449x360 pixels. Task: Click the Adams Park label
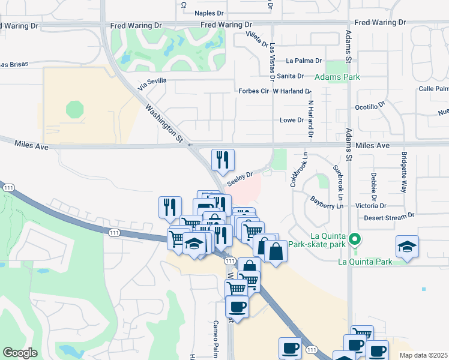click(x=337, y=77)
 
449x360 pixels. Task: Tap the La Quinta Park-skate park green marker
click(x=355, y=239)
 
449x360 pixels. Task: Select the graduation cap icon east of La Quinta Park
click(x=408, y=247)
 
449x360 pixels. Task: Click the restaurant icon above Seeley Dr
click(x=223, y=159)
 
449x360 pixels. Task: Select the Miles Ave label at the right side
click(x=372, y=146)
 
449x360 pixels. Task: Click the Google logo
click(x=20, y=353)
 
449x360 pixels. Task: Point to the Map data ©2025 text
click(x=423, y=355)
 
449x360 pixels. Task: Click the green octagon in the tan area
click(x=76, y=109)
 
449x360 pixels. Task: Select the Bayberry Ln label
click(x=326, y=202)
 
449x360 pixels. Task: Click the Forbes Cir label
click(x=256, y=91)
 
